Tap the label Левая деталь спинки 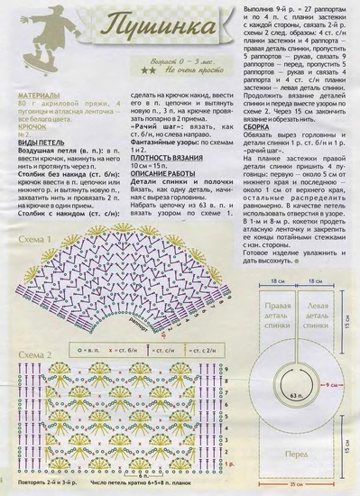click(x=321, y=317)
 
